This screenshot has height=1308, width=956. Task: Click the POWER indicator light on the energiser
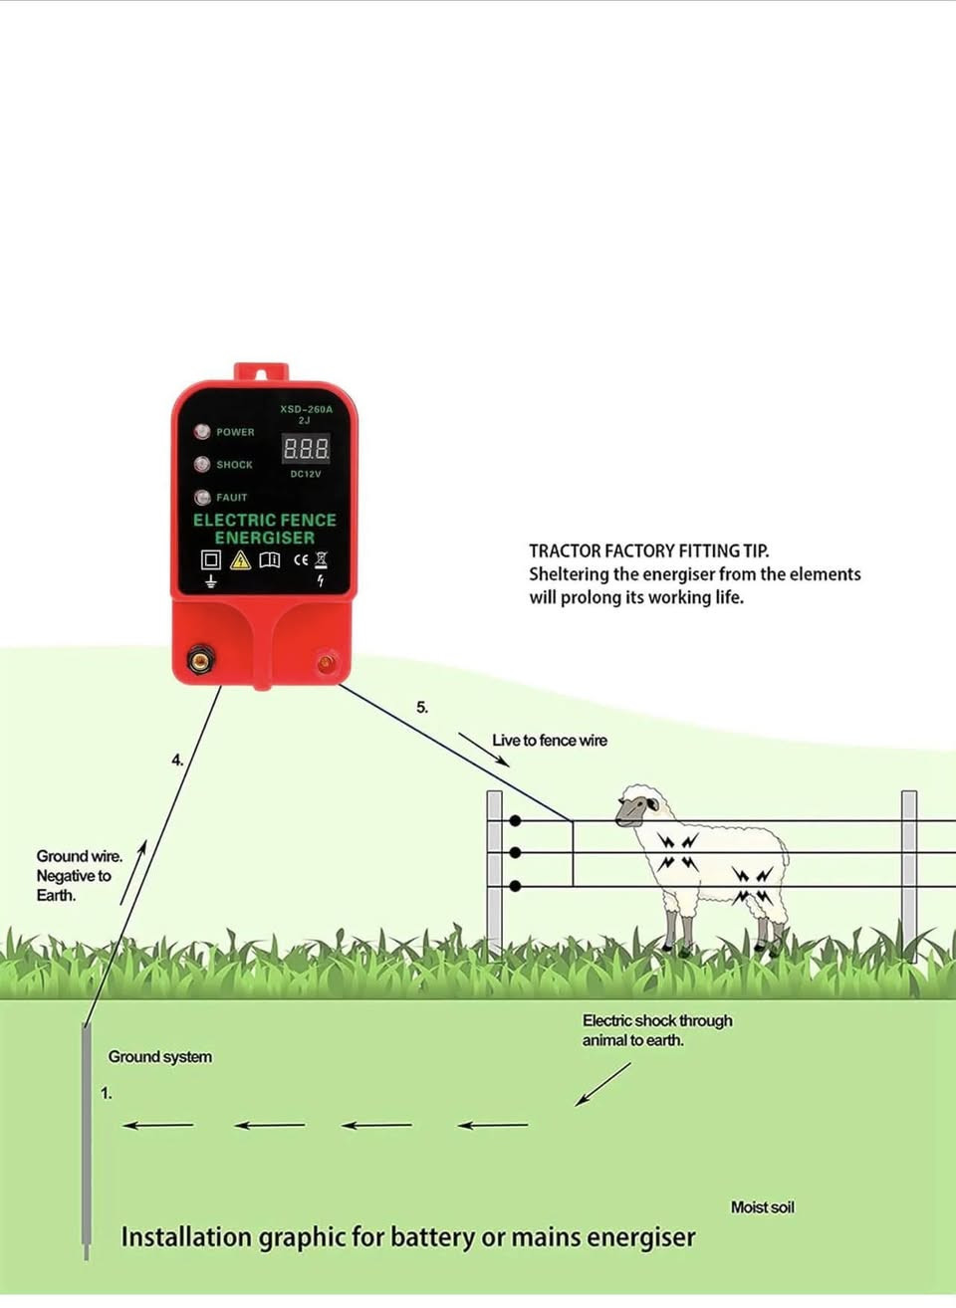(202, 432)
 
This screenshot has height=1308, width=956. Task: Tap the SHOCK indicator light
(202, 464)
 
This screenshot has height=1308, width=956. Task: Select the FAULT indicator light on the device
(202, 497)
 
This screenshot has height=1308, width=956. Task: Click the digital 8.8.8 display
(306, 449)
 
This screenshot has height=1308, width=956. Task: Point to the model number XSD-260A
(306, 409)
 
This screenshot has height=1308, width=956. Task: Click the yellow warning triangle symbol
(240, 560)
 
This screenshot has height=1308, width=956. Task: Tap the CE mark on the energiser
(301, 560)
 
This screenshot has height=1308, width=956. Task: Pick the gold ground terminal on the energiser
(201, 660)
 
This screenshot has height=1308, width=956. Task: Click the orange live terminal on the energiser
(326, 663)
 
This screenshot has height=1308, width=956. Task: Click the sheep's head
(637, 807)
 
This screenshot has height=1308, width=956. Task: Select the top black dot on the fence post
(515, 821)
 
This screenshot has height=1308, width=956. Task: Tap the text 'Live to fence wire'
(550, 741)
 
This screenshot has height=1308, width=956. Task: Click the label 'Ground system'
(160, 1057)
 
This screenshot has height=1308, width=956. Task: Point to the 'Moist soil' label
(762, 1207)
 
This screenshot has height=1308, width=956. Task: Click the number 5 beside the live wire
(421, 707)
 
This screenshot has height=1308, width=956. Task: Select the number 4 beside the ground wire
(177, 761)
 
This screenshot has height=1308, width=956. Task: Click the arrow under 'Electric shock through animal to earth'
(602, 1084)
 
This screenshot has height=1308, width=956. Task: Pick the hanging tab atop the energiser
(261, 371)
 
